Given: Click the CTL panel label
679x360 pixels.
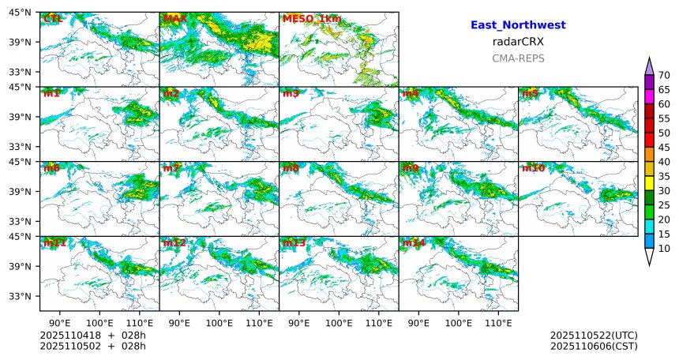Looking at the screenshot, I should pyautogui.click(x=52, y=19).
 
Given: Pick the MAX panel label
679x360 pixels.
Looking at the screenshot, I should pyautogui.click(x=175, y=19).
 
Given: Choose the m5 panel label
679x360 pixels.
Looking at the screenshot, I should pyautogui.click(x=529, y=94).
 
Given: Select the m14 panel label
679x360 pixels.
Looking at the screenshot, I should pyautogui.click(x=413, y=243).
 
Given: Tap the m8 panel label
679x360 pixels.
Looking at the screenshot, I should pyautogui.click(x=291, y=168).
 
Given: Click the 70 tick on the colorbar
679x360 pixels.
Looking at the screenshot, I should pyautogui.click(x=664, y=75).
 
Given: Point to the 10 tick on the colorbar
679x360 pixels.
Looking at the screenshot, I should pyautogui.click(x=664, y=249).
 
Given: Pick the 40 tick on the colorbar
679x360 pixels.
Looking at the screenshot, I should pyautogui.click(x=664, y=162).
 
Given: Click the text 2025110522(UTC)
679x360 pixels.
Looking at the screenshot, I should pyautogui.click(x=594, y=336).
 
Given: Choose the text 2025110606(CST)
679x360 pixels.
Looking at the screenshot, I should pyautogui.click(x=594, y=346).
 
